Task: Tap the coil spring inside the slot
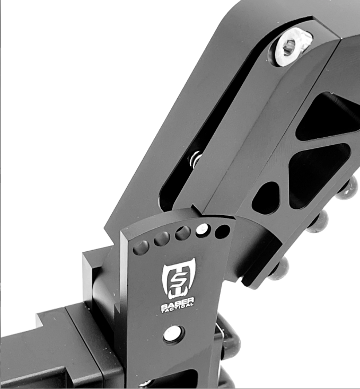(196, 160)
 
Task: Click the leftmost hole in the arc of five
(141, 247)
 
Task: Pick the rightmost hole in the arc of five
(222, 232)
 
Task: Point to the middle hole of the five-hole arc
(183, 233)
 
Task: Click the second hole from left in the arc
(162, 239)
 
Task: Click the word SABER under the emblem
(178, 303)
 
